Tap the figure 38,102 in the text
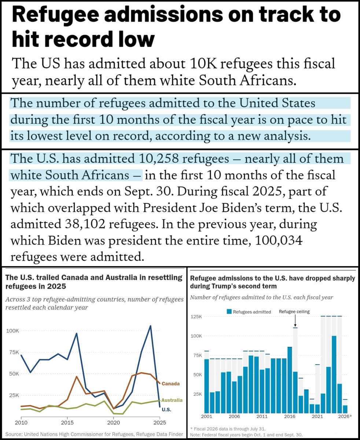(x=83, y=224)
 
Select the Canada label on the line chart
(x=170, y=384)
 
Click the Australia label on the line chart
(x=172, y=400)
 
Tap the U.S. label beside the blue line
(x=166, y=410)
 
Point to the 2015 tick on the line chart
(x=67, y=422)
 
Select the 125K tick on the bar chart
(x=196, y=317)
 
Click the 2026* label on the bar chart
(x=345, y=417)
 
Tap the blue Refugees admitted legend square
(x=229, y=312)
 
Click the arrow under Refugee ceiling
(x=295, y=321)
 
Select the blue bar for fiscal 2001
(x=206, y=386)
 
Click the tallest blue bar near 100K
(x=334, y=374)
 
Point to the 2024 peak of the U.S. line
(x=150, y=326)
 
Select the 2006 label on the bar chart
(x=234, y=417)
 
